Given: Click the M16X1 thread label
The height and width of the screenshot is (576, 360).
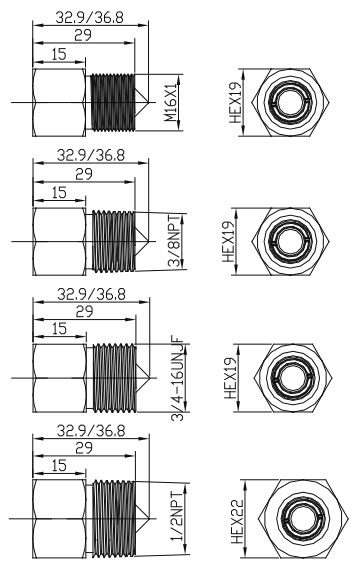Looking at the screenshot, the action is (171, 103).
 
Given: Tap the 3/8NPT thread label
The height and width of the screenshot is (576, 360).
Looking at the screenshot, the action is (174, 241).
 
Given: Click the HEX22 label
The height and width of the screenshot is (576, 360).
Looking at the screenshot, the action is (237, 521).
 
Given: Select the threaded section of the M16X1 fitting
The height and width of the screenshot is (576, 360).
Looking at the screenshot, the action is (113, 102).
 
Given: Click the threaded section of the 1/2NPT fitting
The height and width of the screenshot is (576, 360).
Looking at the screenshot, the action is (114, 518).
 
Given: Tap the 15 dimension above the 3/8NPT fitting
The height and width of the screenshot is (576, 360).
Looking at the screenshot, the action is (59, 192).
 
